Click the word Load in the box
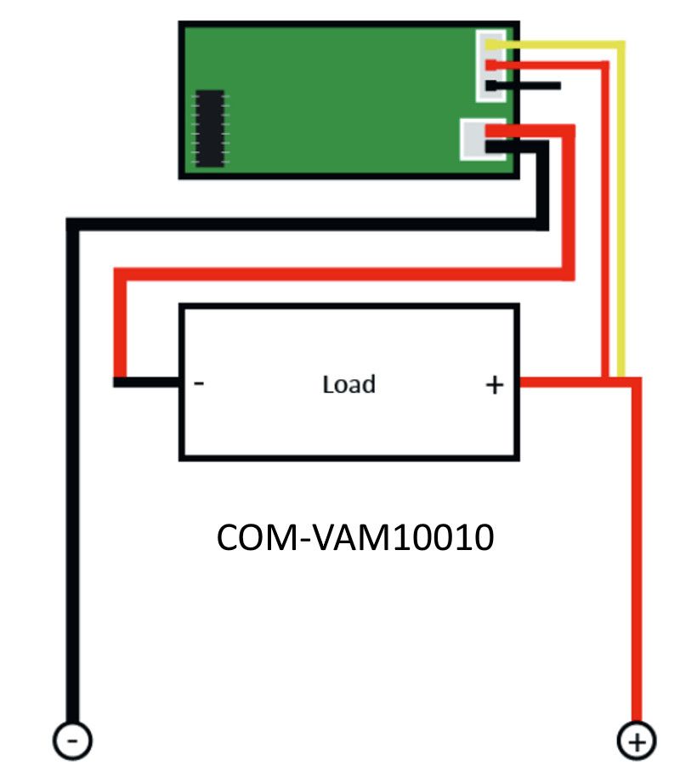[x=348, y=384]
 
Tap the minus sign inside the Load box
[x=198, y=383]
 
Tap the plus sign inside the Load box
[x=494, y=385]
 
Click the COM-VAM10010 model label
[x=355, y=537]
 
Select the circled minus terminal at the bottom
[x=72, y=741]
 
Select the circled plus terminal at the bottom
[x=636, y=741]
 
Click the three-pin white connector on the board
[x=490, y=65]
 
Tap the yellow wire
[x=622, y=213]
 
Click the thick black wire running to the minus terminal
[x=72, y=476]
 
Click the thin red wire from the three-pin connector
[x=605, y=213]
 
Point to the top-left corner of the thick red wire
[x=120, y=275]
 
